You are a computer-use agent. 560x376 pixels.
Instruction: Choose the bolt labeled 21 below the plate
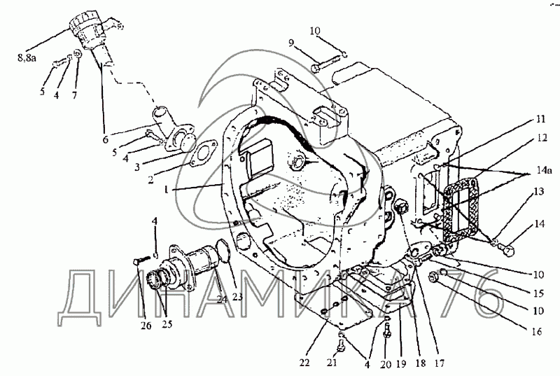pyautogui.click(x=341, y=344)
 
